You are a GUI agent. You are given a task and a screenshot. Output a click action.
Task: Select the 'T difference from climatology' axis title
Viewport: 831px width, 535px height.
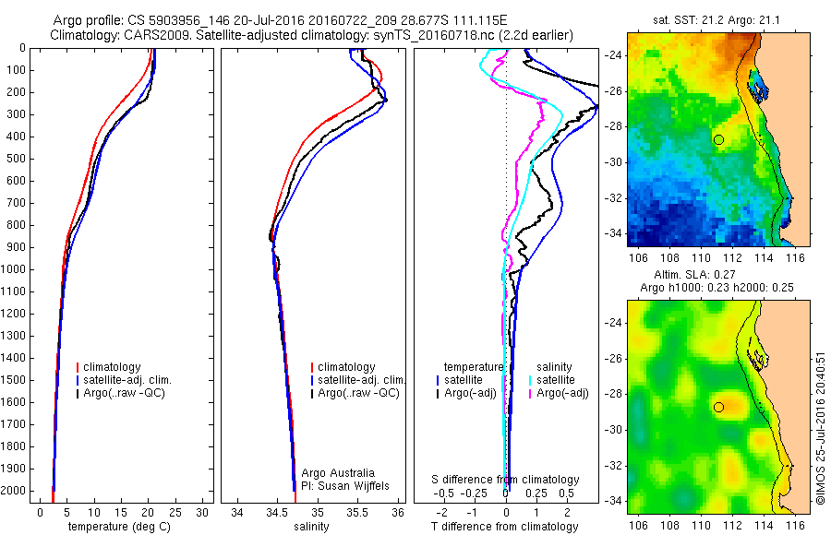pyautogui.click(x=505, y=527)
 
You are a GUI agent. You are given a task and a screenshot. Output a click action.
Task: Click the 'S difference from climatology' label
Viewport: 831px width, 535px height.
pyautogui.click(x=506, y=480)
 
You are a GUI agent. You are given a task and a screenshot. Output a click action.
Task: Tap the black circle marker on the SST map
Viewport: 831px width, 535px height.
pyautogui.click(x=718, y=139)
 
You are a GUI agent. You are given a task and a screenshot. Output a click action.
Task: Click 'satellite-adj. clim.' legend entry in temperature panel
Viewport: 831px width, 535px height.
pyautogui.click(x=129, y=380)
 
